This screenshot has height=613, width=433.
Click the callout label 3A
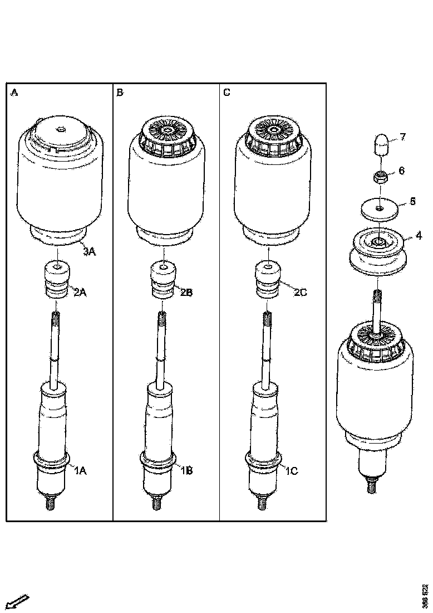pyautogui.click(x=90, y=252)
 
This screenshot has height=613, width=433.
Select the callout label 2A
pyautogui.click(x=81, y=292)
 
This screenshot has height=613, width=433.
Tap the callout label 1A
pyautogui.click(x=81, y=471)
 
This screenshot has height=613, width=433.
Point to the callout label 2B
pyautogui.click(x=186, y=292)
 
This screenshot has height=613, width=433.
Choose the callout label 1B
pyautogui.click(x=186, y=471)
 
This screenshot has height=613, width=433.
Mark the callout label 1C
pyautogui.click(x=292, y=471)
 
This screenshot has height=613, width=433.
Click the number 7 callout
pyautogui.click(x=404, y=137)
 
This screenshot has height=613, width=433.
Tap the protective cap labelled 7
pyautogui.click(x=380, y=144)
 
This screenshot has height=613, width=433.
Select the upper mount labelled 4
pyautogui.click(x=378, y=252)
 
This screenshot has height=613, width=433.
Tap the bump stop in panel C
pyautogui.click(x=268, y=279)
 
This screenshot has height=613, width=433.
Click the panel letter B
pyautogui.click(x=120, y=93)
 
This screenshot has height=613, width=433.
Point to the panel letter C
pyautogui.click(x=227, y=93)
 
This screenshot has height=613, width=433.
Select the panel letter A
pyautogui.click(x=14, y=93)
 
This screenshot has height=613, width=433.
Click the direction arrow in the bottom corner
pyautogui.click(x=16, y=603)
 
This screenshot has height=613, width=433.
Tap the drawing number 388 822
pyautogui.click(x=426, y=595)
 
